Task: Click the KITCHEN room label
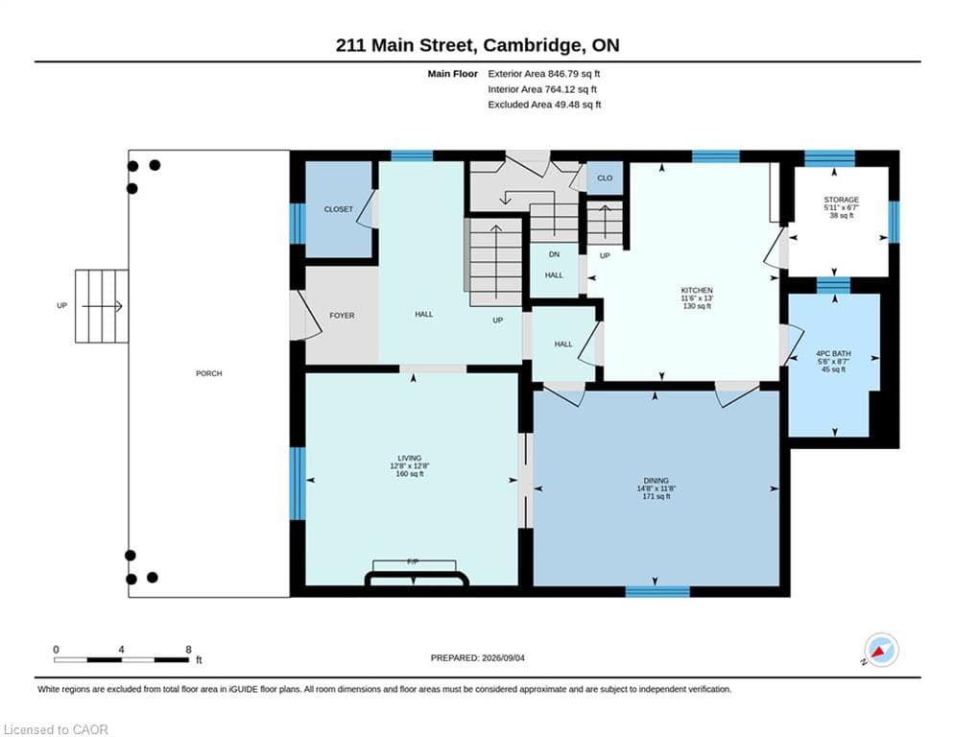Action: pos(697,291)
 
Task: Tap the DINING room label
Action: pos(656,481)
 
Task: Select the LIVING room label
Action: pos(409,458)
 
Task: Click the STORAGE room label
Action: pos(841,200)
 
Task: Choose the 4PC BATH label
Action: pos(833,354)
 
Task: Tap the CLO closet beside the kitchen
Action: pos(605,178)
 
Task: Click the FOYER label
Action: pos(342,316)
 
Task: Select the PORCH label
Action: pos(209,373)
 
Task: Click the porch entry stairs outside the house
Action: pos(102,306)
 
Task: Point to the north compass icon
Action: pos(881,651)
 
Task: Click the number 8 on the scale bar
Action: pos(189,650)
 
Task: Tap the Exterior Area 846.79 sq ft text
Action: pos(544,74)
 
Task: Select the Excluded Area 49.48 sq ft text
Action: pos(544,105)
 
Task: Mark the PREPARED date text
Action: pos(478,657)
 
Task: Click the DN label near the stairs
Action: pos(554,254)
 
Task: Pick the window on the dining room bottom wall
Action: pos(657,591)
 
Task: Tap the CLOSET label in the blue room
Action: pos(338,209)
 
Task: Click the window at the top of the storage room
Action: pos(829,157)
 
